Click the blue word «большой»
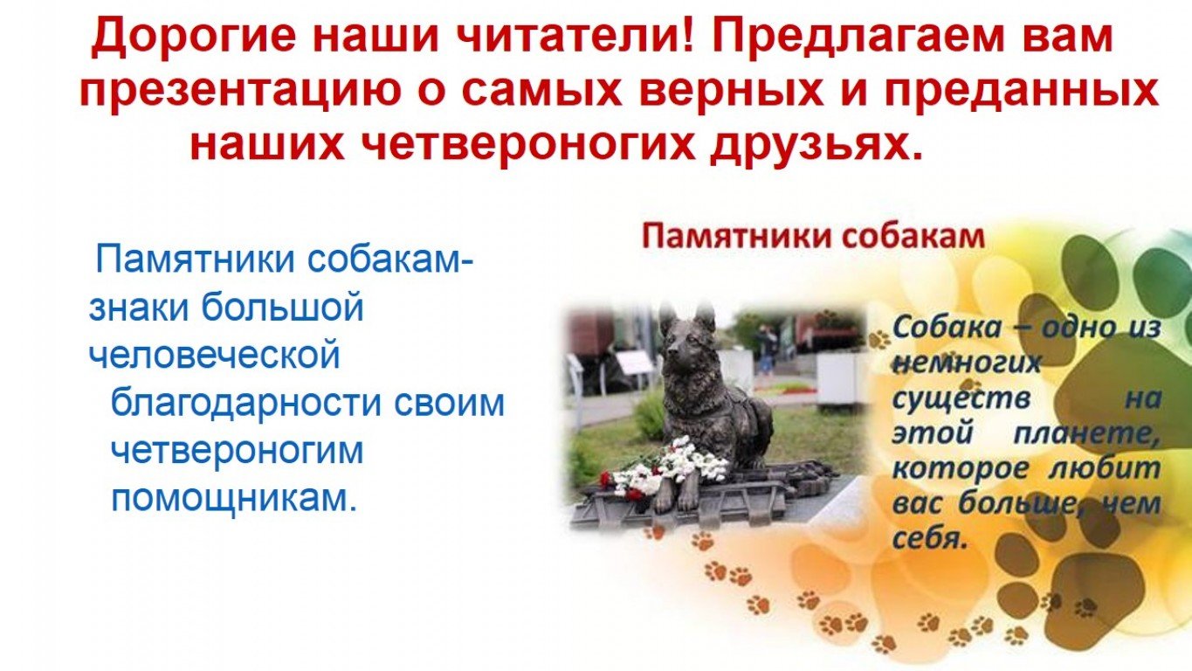click(x=283, y=307)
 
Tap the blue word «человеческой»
click(x=214, y=354)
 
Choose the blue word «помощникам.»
click(x=233, y=500)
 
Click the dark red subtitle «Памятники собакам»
click(x=814, y=237)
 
